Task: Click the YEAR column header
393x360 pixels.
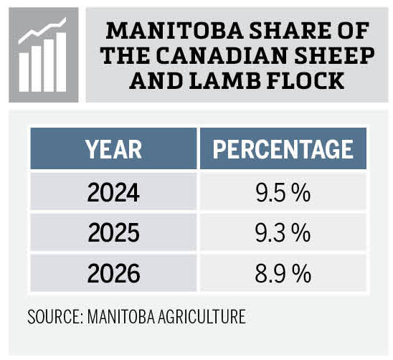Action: click(x=113, y=149)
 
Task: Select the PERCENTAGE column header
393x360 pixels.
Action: click(x=283, y=149)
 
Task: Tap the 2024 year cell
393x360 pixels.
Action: click(x=113, y=193)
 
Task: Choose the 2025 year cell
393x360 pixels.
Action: click(x=113, y=232)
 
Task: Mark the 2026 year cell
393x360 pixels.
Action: click(x=113, y=273)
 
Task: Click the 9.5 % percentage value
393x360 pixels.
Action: click(x=283, y=193)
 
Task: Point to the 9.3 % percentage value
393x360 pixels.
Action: click(x=283, y=232)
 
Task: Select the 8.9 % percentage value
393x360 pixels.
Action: click(x=283, y=273)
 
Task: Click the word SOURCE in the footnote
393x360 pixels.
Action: click(x=54, y=316)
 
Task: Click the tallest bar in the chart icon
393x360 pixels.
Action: click(x=61, y=60)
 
